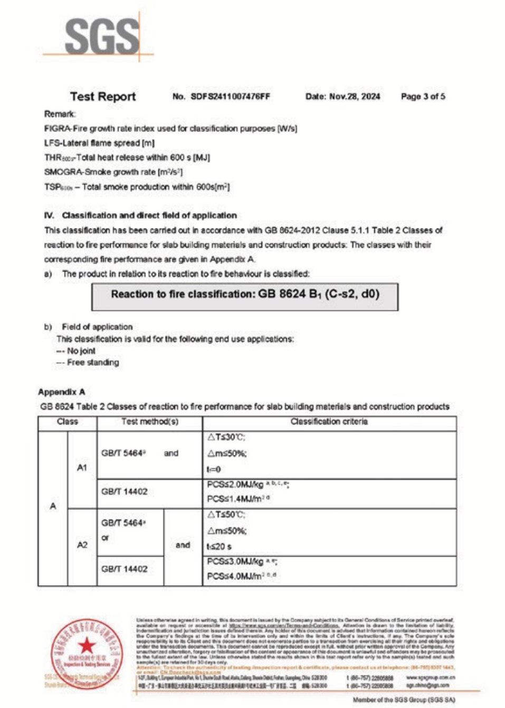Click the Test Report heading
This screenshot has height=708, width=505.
(x=103, y=97)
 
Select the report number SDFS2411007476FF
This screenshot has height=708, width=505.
(x=230, y=97)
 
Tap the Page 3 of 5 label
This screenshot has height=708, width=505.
(x=423, y=97)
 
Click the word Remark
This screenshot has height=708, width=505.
(x=60, y=114)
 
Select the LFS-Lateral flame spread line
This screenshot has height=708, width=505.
(x=99, y=143)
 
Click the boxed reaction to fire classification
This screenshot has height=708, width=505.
(x=245, y=295)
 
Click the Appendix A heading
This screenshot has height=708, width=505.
(x=61, y=392)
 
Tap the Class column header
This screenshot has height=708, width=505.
(x=67, y=422)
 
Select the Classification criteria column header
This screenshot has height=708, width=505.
(x=329, y=422)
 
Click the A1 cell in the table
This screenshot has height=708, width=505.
(x=82, y=468)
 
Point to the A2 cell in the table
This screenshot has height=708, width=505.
(x=82, y=545)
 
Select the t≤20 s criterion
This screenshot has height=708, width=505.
(x=219, y=546)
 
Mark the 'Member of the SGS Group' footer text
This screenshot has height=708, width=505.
(x=403, y=700)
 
